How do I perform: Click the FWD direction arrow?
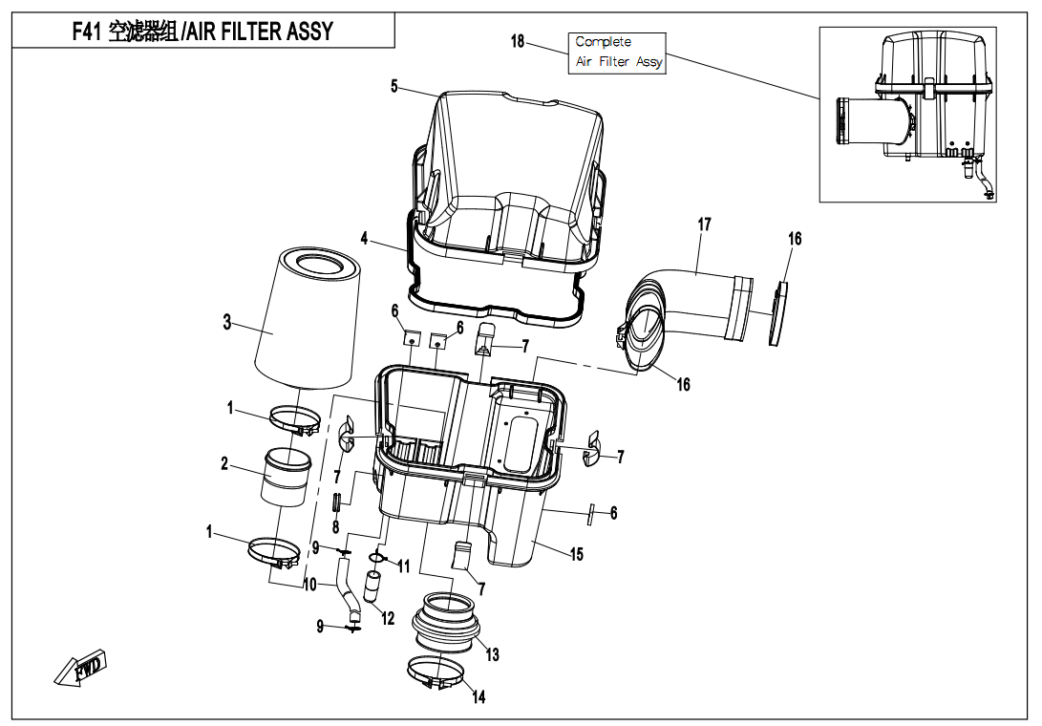(x=80, y=668)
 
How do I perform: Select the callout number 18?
(x=518, y=41)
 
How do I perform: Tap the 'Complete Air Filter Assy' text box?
(x=618, y=52)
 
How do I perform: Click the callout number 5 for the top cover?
(x=394, y=86)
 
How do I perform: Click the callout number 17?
(x=704, y=225)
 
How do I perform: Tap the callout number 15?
(x=577, y=554)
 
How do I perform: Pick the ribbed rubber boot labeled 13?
(x=447, y=626)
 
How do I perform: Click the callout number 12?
(x=388, y=619)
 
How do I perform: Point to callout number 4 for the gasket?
(x=365, y=237)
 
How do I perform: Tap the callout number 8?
(x=335, y=526)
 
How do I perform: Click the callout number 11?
(x=404, y=566)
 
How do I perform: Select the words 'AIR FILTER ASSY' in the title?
(x=260, y=31)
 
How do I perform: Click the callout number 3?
(x=227, y=322)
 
